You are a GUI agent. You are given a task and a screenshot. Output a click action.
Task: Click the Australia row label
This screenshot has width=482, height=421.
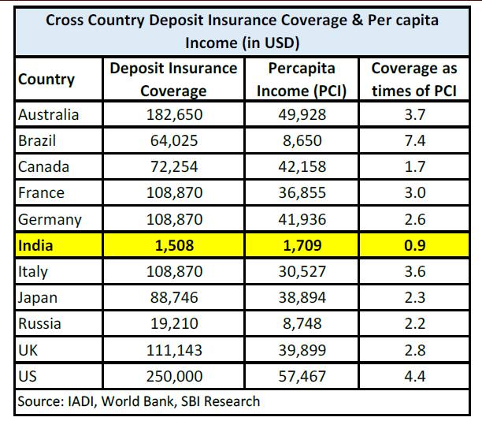coord(49,115)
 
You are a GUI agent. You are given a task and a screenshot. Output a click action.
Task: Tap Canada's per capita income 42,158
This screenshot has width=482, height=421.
coord(302,167)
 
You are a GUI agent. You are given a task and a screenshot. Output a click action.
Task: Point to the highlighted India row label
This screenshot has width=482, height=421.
coord(35,245)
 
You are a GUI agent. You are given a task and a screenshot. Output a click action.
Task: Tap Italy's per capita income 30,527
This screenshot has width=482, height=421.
coord(302,271)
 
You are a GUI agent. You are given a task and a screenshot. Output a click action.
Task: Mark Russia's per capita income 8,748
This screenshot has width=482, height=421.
coord(302,323)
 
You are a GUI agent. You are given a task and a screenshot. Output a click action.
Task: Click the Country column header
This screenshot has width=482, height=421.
coord(47,80)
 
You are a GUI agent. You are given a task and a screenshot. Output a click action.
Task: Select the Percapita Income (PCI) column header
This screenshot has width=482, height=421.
coord(302,80)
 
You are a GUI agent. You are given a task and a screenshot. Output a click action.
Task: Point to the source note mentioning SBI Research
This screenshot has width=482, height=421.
coord(139,401)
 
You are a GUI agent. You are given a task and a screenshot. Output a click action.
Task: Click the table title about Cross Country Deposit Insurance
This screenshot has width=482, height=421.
coord(242,29)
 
